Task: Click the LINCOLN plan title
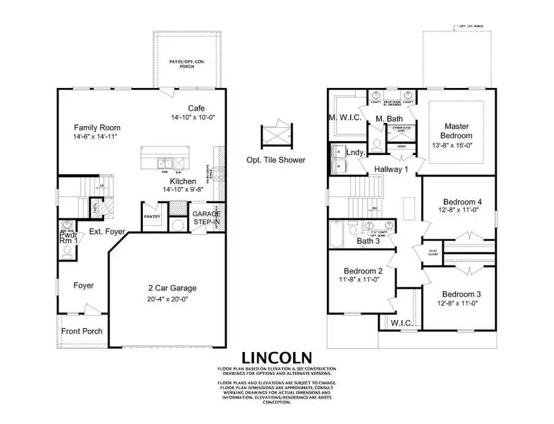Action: pyautogui.click(x=276, y=358)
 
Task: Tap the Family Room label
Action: pyautogui.click(x=94, y=127)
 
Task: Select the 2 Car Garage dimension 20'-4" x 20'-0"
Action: pyautogui.click(x=163, y=300)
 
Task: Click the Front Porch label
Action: pyautogui.click(x=82, y=331)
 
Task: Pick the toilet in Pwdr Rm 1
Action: pyautogui.click(x=66, y=251)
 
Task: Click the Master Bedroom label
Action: pyautogui.click(x=457, y=130)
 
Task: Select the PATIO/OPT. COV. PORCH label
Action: pyautogui.click(x=182, y=64)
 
